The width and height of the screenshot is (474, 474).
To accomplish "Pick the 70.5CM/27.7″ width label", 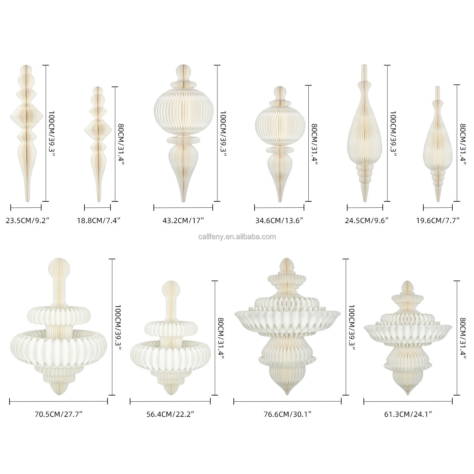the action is click(x=58, y=414).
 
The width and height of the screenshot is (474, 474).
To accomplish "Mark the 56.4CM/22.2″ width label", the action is click(x=170, y=414).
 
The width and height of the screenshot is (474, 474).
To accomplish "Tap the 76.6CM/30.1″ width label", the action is click(x=287, y=414).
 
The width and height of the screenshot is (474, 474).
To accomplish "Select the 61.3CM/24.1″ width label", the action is click(x=408, y=414).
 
